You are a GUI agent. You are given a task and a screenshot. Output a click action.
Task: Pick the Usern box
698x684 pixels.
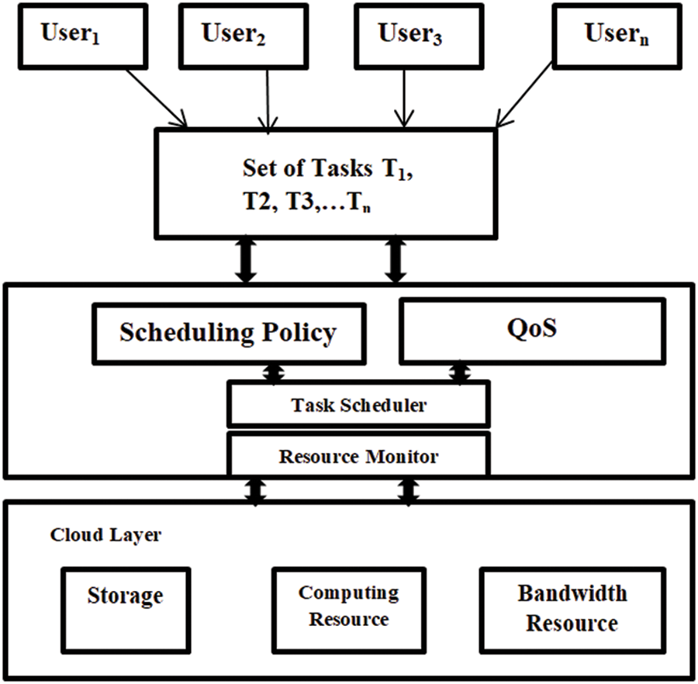(617, 36)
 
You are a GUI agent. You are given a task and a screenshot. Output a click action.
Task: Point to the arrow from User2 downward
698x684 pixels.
(268, 98)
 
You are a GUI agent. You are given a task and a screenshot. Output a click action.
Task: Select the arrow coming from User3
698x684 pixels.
(402, 98)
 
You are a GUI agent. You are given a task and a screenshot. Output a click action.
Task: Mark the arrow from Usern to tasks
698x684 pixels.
(525, 95)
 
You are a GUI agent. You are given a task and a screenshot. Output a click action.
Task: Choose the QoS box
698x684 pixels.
(531, 330)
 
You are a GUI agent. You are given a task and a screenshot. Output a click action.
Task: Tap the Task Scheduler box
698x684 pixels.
(358, 404)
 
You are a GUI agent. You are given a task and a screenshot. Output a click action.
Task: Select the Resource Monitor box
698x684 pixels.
(358, 456)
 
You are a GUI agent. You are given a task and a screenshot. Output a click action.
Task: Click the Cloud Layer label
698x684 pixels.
(105, 536)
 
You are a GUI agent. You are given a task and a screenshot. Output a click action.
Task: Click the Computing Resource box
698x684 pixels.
(348, 605)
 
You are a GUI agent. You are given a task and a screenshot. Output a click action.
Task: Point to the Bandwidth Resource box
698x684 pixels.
(572, 608)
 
